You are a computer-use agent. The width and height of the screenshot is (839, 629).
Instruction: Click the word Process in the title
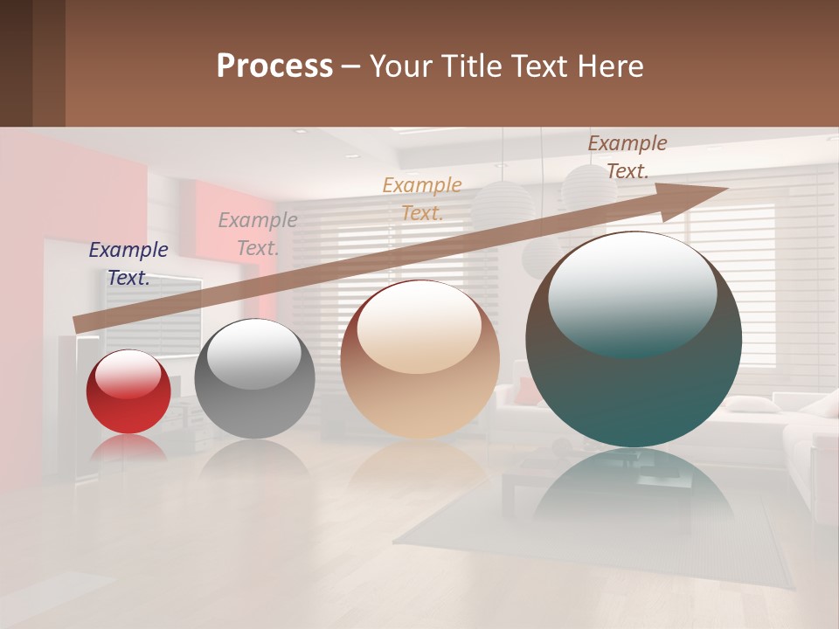pyautogui.click(x=274, y=66)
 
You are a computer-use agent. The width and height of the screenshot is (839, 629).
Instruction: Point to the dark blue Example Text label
pyautogui.click(x=128, y=263)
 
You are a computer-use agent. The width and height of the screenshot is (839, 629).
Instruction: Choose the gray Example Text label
pyautogui.click(x=258, y=233)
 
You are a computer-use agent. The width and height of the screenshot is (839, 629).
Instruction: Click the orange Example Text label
pyautogui.click(x=422, y=198)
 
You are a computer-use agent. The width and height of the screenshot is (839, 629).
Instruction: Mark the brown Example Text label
pyautogui.click(x=628, y=157)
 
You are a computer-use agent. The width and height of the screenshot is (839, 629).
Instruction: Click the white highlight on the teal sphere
pyautogui.click(x=633, y=280)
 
